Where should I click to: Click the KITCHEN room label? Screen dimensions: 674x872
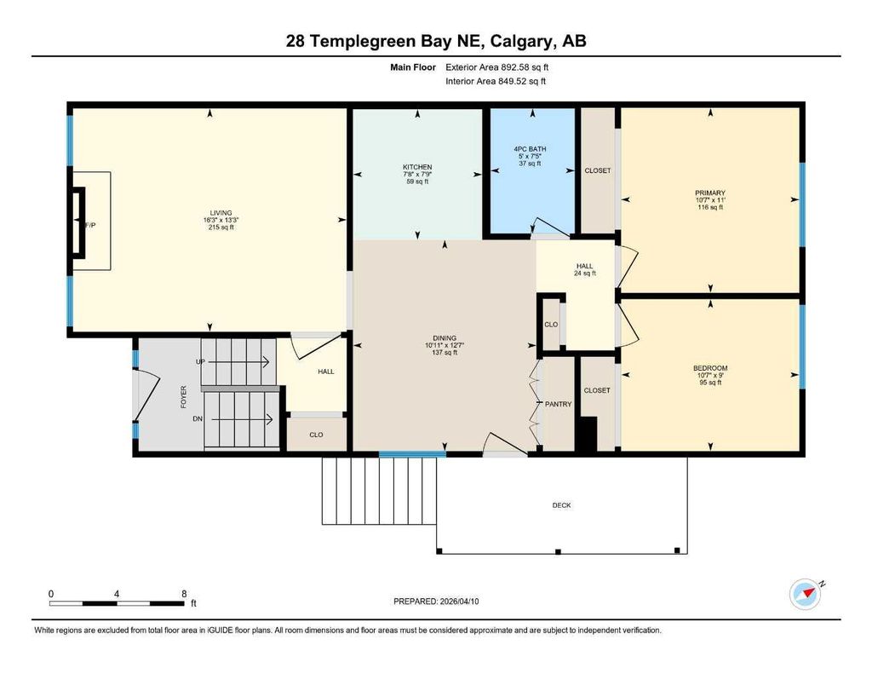tap(417, 167)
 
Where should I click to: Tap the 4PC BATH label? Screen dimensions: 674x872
tap(532, 149)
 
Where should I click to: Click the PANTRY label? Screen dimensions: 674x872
tap(558, 404)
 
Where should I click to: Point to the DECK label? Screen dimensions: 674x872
tap(561, 505)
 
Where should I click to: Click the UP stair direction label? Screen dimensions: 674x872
tap(201, 362)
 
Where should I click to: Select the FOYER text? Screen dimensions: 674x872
tap(183, 398)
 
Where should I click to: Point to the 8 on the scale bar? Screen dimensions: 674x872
tap(184, 593)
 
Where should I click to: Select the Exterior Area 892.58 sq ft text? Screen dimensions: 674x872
tap(503, 66)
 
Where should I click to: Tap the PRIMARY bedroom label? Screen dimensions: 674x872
tap(709, 193)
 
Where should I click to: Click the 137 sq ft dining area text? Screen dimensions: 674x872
tap(445, 353)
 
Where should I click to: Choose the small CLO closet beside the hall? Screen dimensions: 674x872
tap(551, 324)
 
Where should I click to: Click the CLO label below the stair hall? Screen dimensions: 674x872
tap(316, 435)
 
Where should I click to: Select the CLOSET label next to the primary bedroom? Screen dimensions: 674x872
tap(597, 170)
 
